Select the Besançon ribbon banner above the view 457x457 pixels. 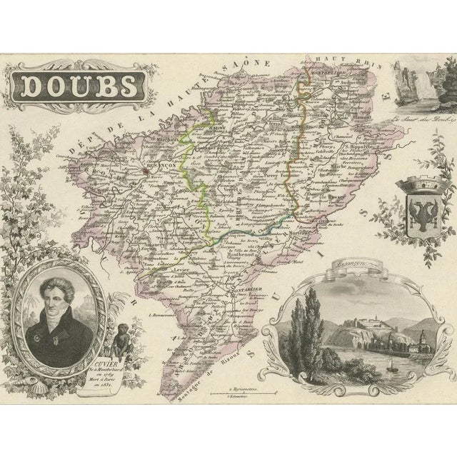pyautogui.click(x=351, y=263)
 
